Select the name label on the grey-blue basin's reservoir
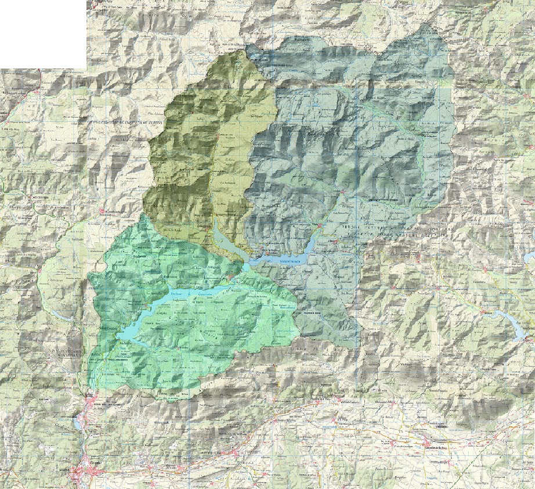(x=290, y=262)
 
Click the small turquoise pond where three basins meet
(x=247, y=266)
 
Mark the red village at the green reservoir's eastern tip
(x=232, y=278)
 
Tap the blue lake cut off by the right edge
(x=529, y=256)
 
